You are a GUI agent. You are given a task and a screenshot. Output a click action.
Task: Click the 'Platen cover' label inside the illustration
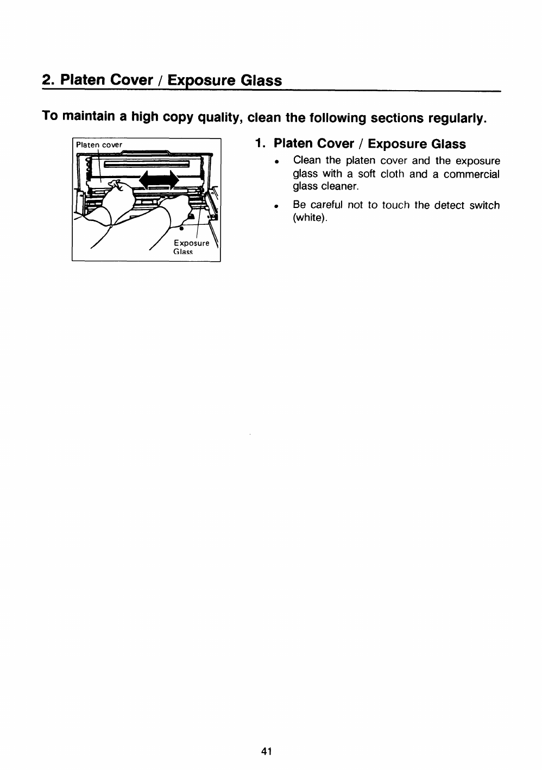[x=99, y=145]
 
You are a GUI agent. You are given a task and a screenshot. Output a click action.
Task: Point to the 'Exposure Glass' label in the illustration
[x=191, y=247]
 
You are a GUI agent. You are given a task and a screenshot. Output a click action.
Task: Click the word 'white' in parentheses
[x=309, y=218]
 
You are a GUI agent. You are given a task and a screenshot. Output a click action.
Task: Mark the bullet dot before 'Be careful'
[x=276, y=206]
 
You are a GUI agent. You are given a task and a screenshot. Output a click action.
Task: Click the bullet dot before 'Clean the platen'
[x=276, y=162]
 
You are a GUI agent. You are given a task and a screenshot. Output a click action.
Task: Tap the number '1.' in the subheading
[x=261, y=144]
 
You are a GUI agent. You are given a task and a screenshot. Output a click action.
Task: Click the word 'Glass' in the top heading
[x=261, y=80]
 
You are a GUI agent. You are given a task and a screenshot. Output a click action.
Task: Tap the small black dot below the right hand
[x=181, y=229]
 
